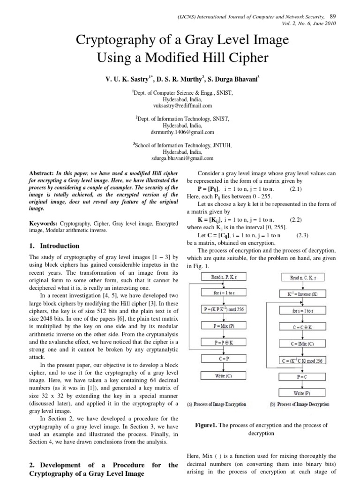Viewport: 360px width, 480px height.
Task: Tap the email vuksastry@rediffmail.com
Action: (x=180, y=106)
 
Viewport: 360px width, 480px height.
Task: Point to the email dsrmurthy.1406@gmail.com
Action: (x=180, y=132)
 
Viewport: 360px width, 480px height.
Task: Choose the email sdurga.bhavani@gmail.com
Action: (x=180, y=158)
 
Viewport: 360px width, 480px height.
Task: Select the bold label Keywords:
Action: (x=44, y=224)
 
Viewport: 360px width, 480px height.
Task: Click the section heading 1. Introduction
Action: (x=54, y=246)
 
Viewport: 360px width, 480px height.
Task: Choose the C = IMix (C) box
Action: (x=302, y=344)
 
